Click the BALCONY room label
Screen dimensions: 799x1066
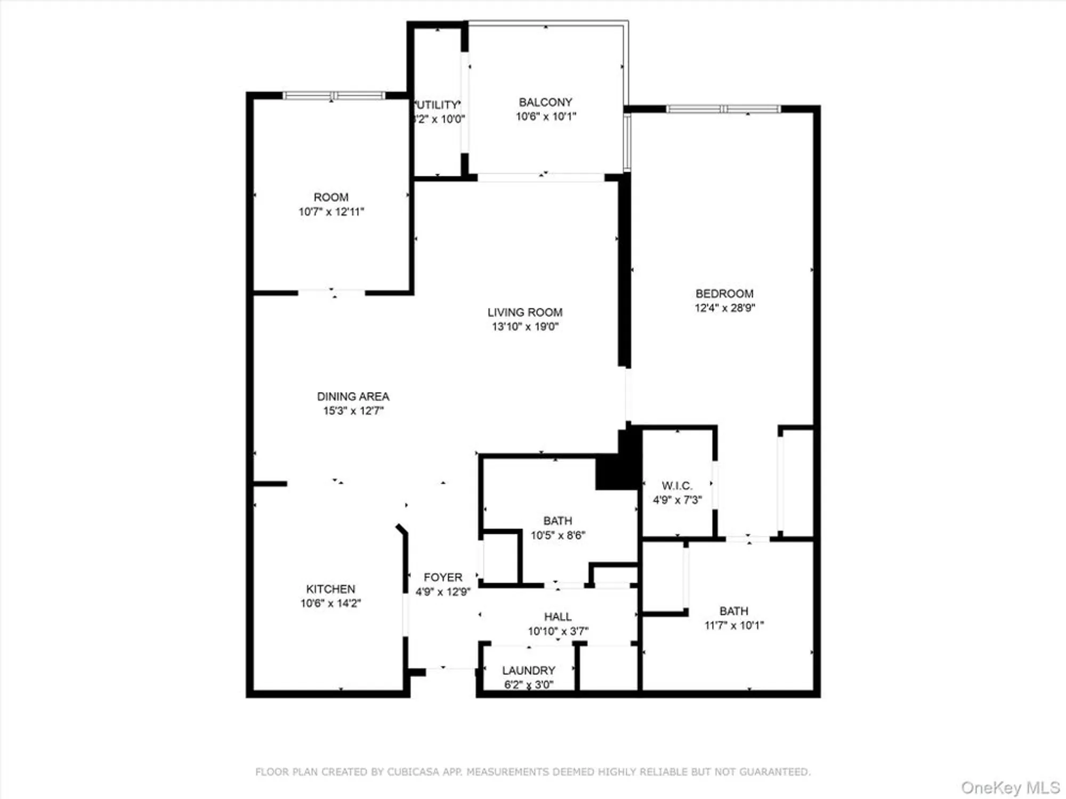click(545, 102)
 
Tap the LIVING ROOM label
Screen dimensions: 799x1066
click(525, 313)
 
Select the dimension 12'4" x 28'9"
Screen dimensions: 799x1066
click(725, 308)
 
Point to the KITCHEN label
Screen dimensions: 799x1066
click(330, 589)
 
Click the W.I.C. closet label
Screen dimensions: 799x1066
click(677, 486)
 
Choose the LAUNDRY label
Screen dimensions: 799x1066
click(529, 671)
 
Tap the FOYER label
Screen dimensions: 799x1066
click(443, 577)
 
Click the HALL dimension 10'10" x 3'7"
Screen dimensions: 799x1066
click(558, 631)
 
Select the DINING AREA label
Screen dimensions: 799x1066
click(353, 397)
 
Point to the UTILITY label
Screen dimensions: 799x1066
click(438, 105)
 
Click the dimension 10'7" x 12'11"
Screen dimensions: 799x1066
click(331, 212)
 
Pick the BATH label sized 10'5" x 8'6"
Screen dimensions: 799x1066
click(558, 521)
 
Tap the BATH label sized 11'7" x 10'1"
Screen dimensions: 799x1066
click(734, 611)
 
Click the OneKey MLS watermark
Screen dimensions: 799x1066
click(1010, 787)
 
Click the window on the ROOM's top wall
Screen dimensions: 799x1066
click(333, 96)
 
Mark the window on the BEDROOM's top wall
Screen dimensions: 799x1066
click(723, 109)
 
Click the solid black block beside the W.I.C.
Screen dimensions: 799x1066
click(618, 469)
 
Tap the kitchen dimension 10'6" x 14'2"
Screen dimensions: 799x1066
click(330, 604)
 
